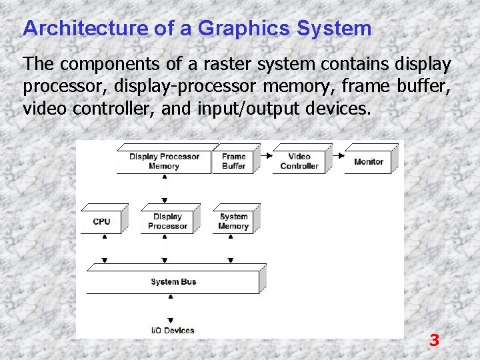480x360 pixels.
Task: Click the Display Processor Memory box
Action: pos(164,161)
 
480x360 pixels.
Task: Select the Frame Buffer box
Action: pos(233,161)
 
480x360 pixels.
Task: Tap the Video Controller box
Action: pos(299,161)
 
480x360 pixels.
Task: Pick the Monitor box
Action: pos(369,161)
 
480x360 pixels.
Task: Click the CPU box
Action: pos(101,221)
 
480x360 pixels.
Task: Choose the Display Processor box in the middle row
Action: pos(167,221)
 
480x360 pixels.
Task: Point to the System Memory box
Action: pos(233,221)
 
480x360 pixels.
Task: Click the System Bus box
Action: pos(173,281)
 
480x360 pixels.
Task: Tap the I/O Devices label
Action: pos(172,330)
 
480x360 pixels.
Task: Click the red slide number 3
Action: pos(434,341)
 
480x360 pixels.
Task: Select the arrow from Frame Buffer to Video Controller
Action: pos(264,155)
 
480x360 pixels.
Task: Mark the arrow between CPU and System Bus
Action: pos(103,250)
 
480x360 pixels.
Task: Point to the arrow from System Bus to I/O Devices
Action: pos(171,311)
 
